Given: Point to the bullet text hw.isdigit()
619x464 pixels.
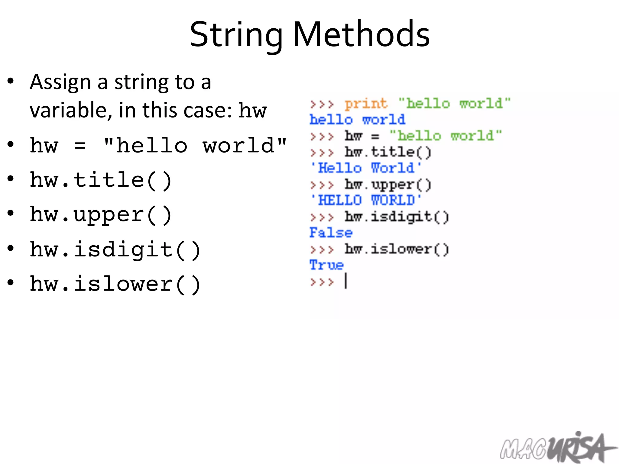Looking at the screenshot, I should pos(115,250).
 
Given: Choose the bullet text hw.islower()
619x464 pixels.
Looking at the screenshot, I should pos(115,284).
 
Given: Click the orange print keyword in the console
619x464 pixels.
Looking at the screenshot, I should pos(366,104).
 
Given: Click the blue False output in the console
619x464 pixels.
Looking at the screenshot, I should pos(331,233).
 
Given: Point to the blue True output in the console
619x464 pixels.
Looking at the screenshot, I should pos(326,265).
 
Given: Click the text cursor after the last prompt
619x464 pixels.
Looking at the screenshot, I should pos(346,281).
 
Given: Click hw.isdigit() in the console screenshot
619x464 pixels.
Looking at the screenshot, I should pos(397,217).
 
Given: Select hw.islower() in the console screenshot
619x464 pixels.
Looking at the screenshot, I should pos(397,249).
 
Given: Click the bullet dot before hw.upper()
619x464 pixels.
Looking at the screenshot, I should pos(11,213).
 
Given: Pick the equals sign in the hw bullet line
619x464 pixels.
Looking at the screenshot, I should pos(80,146).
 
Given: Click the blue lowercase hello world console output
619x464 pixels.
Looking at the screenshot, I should pos(357,120).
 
